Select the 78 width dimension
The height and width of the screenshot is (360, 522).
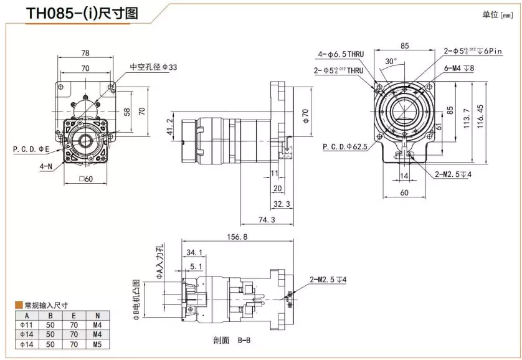click(85, 53)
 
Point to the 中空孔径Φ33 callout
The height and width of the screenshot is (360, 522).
click(149, 67)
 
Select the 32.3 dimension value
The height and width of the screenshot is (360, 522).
click(282, 204)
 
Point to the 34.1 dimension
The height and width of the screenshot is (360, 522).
click(194, 253)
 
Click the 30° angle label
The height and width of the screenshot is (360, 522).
click(391, 62)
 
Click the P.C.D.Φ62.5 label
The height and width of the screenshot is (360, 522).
click(344, 147)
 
